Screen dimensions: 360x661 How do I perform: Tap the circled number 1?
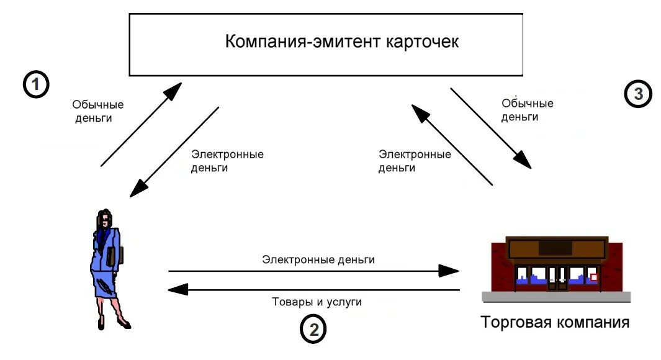tap(36, 84)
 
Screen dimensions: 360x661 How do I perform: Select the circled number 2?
tap(313, 330)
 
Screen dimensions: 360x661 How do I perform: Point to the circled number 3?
tap(637, 94)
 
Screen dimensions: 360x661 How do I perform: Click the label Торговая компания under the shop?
tap(554, 323)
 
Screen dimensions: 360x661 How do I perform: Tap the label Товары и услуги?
tap(317, 302)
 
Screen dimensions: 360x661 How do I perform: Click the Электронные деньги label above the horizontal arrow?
tap(318, 259)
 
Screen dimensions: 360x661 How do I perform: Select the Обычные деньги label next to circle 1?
tap(97, 111)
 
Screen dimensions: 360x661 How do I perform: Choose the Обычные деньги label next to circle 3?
tap(527, 109)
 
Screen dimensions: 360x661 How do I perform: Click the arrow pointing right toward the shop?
tap(313, 271)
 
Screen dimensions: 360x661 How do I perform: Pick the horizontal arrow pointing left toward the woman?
tap(313, 289)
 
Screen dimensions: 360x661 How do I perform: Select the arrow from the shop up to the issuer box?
tap(451, 143)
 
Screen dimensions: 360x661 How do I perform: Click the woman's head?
tap(105, 218)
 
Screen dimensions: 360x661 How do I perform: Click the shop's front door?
tap(557, 278)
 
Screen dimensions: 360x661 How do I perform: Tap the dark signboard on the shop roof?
tap(556, 248)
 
